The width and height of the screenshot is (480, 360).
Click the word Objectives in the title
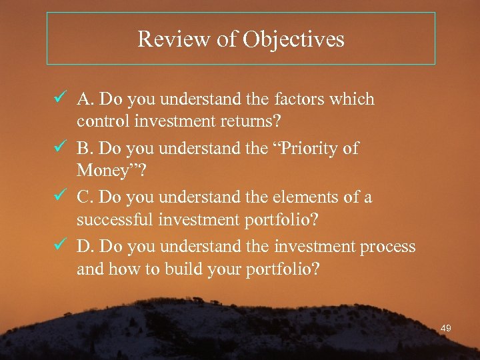(293, 39)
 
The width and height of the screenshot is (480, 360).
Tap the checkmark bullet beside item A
(58, 99)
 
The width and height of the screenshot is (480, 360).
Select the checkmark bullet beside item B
(58, 147)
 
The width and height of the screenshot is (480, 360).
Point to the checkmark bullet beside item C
(58, 197)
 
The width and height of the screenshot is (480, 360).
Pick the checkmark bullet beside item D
(58, 246)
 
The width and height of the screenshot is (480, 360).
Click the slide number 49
(447, 328)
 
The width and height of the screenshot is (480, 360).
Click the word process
(388, 247)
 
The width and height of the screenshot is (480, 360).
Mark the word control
(99, 123)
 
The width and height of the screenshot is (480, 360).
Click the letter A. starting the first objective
(85, 100)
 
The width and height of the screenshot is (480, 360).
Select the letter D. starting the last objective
(85, 247)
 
